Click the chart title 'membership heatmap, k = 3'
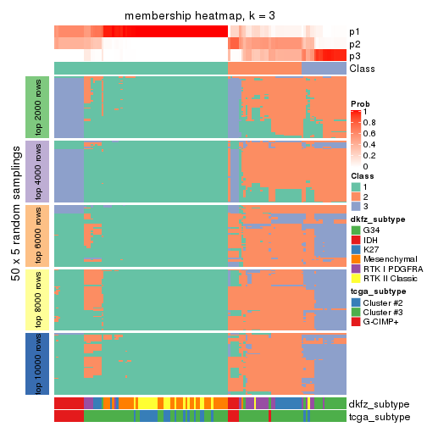(200, 16)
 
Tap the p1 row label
(356, 32)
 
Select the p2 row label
(356, 44)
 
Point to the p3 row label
(356, 56)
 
